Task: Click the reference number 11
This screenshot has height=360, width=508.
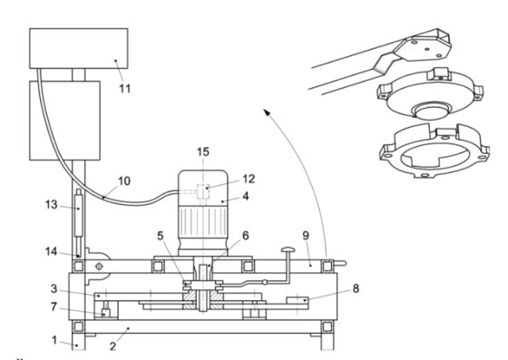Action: (x=125, y=88)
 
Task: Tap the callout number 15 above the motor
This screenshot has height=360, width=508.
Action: (x=203, y=151)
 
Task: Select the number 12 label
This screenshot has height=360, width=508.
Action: (x=249, y=179)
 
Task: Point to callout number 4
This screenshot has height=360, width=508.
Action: (x=246, y=196)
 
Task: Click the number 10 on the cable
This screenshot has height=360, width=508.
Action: (x=124, y=180)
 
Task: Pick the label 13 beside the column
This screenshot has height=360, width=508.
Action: (x=51, y=205)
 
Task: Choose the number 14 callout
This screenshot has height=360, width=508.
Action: (x=51, y=251)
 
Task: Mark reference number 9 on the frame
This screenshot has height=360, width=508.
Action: (x=306, y=236)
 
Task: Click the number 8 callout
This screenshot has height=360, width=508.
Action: (x=356, y=288)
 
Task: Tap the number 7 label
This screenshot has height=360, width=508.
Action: (x=54, y=306)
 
